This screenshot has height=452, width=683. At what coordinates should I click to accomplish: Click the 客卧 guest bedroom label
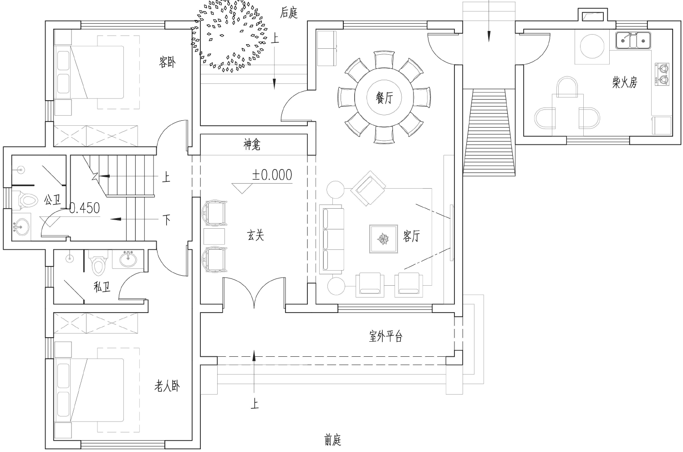click(x=168, y=62)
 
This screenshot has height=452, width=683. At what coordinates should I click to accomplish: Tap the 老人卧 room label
click(x=167, y=386)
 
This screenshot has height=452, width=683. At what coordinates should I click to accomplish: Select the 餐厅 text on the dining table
click(x=384, y=98)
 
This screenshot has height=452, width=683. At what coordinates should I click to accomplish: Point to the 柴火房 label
click(x=625, y=82)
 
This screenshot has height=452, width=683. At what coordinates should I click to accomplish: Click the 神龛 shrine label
click(x=252, y=144)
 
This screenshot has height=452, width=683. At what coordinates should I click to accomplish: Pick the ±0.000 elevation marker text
click(x=272, y=175)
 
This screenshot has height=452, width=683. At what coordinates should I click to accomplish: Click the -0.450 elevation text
click(x=81, y=208)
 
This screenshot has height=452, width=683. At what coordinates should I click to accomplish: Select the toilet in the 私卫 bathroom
click(x=98, y=263)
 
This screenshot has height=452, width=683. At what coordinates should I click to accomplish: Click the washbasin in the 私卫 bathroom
click(x=128, y=259)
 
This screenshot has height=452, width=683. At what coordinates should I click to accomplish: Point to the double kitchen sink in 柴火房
click(x=633, y=41)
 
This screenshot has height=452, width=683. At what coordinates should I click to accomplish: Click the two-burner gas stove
click(x=662, y=74)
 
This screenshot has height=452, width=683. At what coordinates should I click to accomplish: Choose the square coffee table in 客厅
click(x=383, y=239)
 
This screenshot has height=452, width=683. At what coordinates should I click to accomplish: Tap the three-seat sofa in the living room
click(x=332, y=239)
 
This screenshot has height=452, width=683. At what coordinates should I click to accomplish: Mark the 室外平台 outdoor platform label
click(x=386, y=336)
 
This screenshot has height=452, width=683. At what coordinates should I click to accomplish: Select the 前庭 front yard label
click(x=332, y=440)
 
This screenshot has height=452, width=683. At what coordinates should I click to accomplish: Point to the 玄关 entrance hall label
click(x=255, y=235)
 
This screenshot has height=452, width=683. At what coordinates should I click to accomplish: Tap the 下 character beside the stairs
click(x=167, y=220)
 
